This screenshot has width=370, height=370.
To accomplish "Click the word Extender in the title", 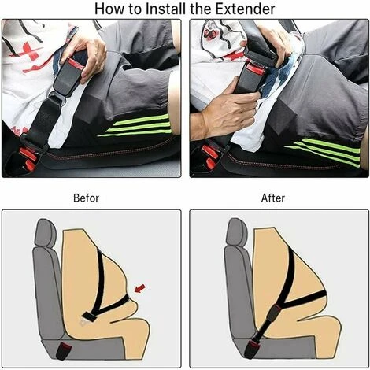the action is pyautogui.click(x=245, y=9).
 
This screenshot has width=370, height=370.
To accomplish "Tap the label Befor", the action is pyautogui.click(x=86, y=198).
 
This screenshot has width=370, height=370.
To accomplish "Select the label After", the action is pyautogui.click(x=273, y=198).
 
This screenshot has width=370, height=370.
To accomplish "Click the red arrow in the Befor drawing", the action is pyautogui.click(x=139, y=288).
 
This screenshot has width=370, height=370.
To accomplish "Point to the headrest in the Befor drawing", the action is pyautogui.click(x=46, y=233).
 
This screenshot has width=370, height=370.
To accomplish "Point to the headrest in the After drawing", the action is pyautogui.click(x=237, y=233).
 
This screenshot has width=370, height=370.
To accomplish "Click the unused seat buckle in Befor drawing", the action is pyautogui.click(x=63, y=351).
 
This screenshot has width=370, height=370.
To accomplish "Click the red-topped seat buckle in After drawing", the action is pyautogui.click(x=252, y=347).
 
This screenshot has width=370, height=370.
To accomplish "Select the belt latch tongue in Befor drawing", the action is pyautogui.click(x=87, y=317).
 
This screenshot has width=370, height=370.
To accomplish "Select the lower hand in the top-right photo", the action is pyautogui.click(x=226, y=113).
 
